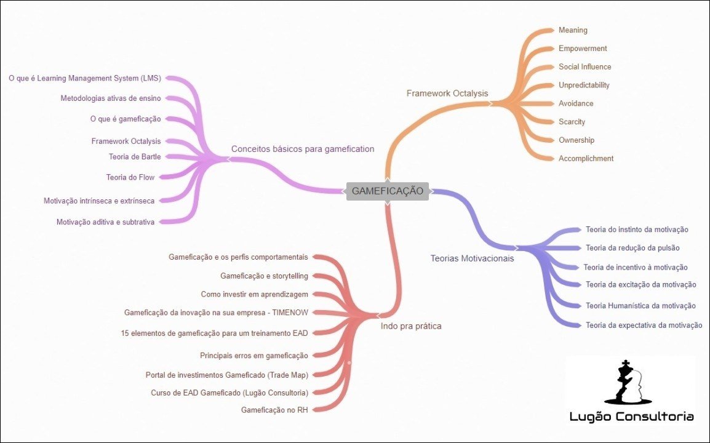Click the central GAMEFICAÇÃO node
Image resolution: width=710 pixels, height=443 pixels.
pyautogui.click(x=387, y=191)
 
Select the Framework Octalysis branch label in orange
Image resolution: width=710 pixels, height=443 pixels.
pyautogui.click(x=447, y=94)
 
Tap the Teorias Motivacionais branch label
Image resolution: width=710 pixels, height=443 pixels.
pyautogui.click(x=472, y=258)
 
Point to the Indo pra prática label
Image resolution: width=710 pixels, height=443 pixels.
pyautogui.click(x=410, y=326)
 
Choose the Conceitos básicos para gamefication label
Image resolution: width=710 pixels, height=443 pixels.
pyautogui.click(x=302, y=149)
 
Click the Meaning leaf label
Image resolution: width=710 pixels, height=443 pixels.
pyautogui.click(x=573, y=30)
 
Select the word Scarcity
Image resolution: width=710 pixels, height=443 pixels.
pyautogui.click(x=572, y=122)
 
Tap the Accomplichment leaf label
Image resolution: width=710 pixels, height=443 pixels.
pyautogui.click(x=586, y=159)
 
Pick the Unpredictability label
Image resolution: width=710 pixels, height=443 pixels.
pyautogui.click(x=584, y=85)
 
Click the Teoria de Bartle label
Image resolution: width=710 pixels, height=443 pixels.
pyautogui.click(x=135, y=157)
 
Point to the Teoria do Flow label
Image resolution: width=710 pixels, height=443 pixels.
pyautogui.click(x=130, y=178)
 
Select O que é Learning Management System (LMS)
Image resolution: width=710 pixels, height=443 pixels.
pyautogui.click(x=85, y=78)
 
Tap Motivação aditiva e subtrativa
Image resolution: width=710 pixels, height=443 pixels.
pyautogui.click(x=105, y=222)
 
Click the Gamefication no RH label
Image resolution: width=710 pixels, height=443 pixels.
pyautogui.click(x=274, y=410)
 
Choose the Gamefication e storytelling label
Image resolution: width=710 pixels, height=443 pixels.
pyautogui.click(x=264, y=276)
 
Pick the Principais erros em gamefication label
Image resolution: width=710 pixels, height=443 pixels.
pyautogui.click(x=253, y=356)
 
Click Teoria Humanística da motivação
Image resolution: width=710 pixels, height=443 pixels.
pyautogui.click(x=640, y=306)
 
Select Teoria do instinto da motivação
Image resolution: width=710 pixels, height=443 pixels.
pyautogui.click(x=637, y=229)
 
